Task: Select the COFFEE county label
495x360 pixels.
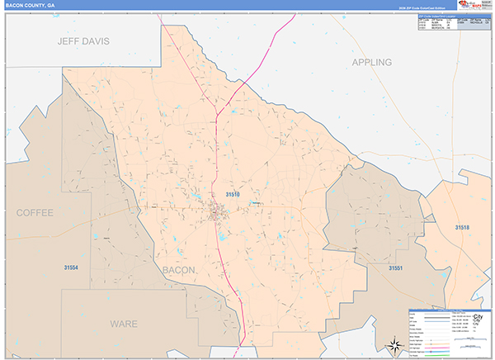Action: [35, 212]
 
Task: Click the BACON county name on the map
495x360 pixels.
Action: [179, 270]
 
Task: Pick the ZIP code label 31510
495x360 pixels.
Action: [233, 194]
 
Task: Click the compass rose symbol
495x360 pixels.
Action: [394, 344]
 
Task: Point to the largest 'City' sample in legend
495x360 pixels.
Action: [477, 318]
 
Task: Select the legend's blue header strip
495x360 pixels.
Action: [449, 310]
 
